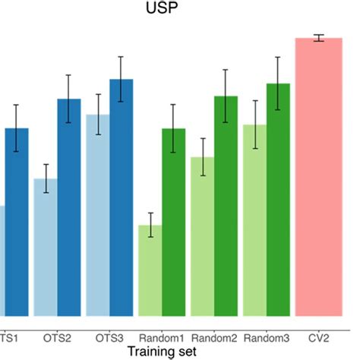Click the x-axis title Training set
(x=162, y=351)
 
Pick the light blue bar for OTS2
(x=46, y=247)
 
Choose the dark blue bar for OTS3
(x=122, y=197)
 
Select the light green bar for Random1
(x=150, y=270)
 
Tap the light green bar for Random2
(x=203, y=236)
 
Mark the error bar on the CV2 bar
(x=319, y=39)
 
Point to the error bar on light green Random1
(x=150, y=225)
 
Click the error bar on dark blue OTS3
(x=122, y=80)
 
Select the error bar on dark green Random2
(x=226, y=96)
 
